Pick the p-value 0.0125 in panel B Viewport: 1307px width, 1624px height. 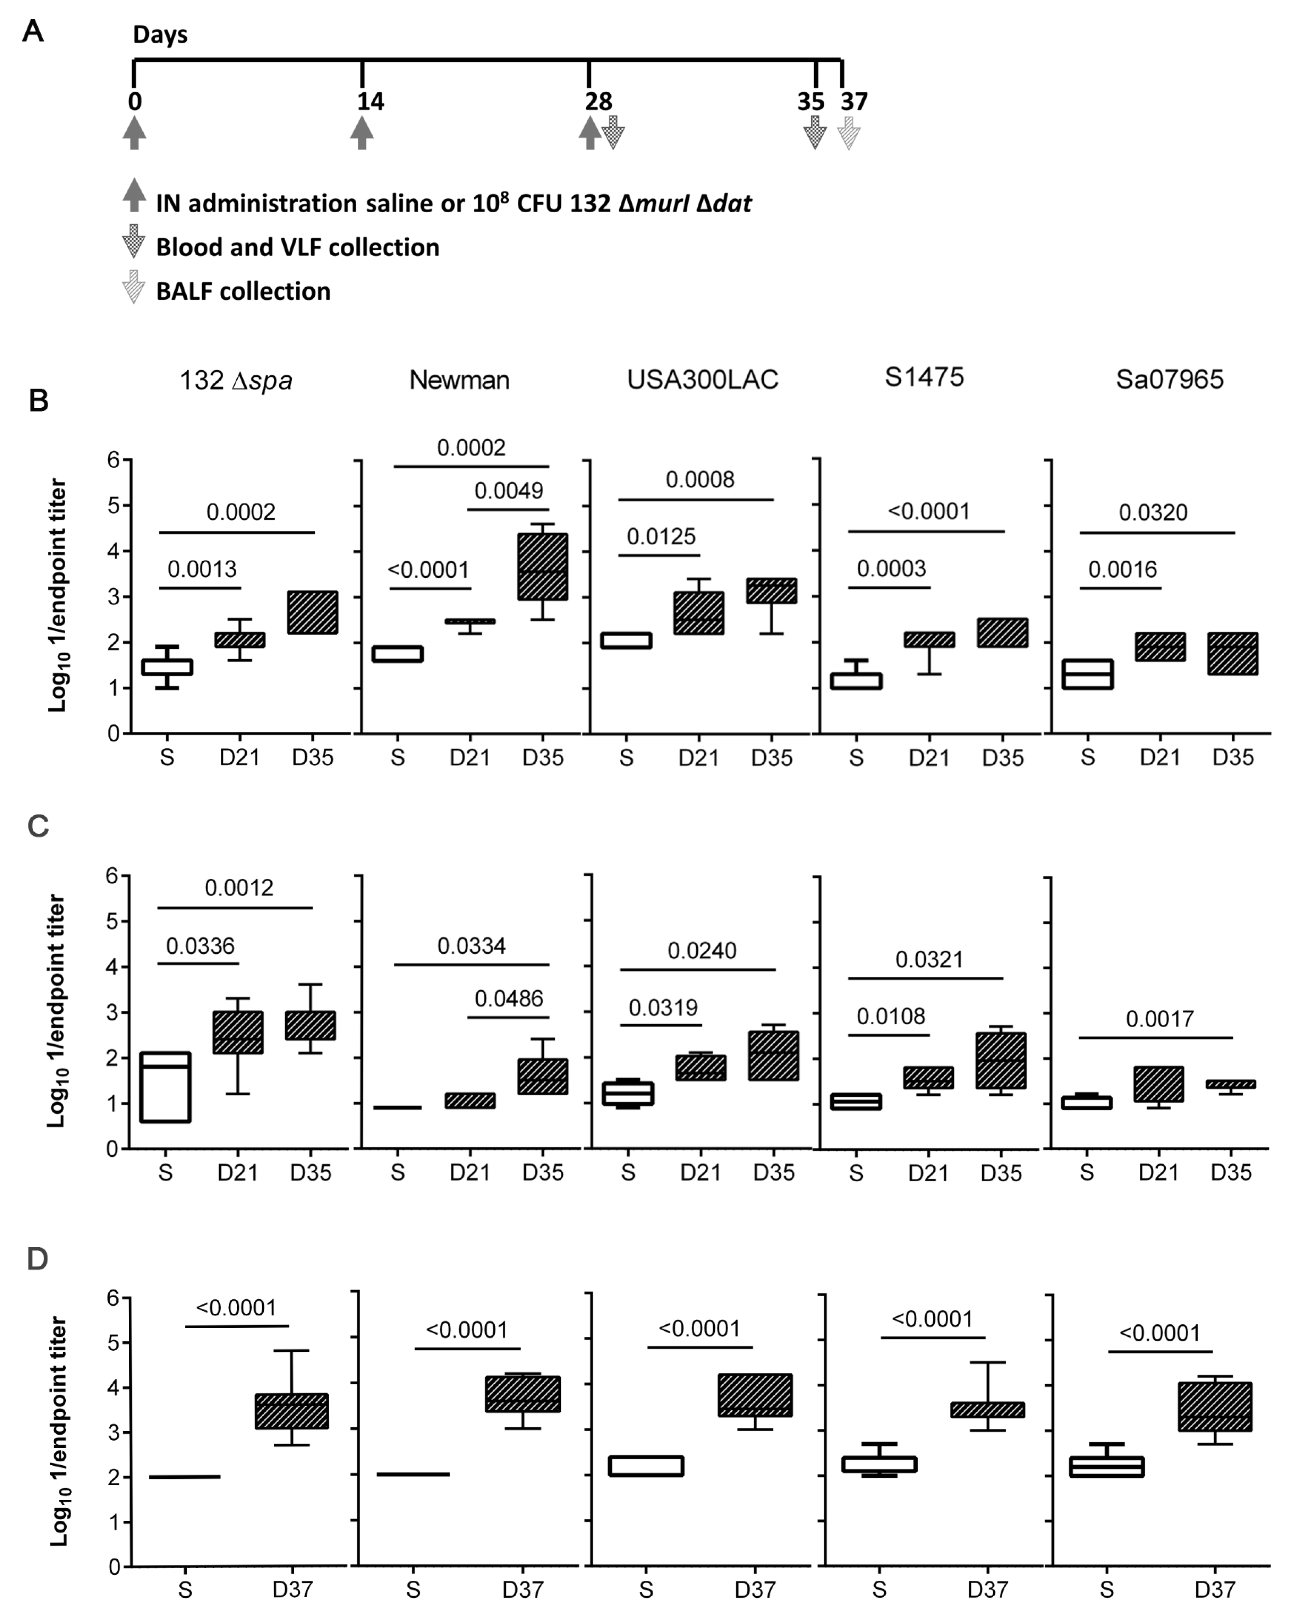point(661,537)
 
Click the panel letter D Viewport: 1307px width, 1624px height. point(38,1259)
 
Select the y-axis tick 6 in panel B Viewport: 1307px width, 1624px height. point(114,459)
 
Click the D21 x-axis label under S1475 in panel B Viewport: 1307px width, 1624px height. point(929,758)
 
